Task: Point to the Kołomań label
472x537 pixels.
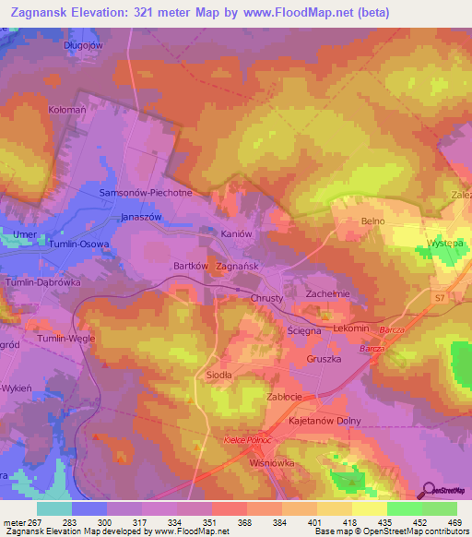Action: click(x=66, y=108)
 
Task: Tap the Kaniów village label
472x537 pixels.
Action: click(x=235, y=234)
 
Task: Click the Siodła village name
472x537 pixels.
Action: click(x=218, y=376)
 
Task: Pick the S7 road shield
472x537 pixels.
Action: click(x=441, y=297)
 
